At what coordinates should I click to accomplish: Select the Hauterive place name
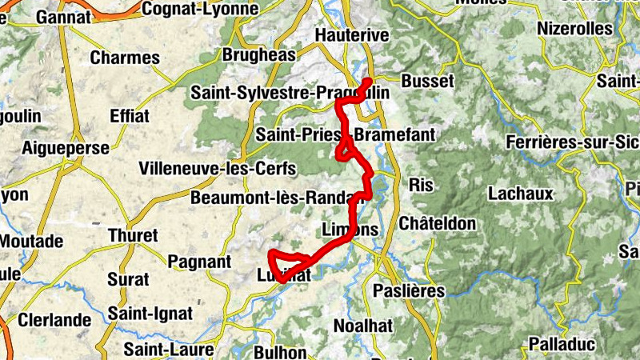(x=352, y=36)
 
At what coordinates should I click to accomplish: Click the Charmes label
(x=125, y=58)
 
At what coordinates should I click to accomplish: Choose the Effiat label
(x=129, y=116)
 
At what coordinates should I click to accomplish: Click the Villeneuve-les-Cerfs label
(x=218, y=170)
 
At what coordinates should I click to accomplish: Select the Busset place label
(x=427, y=82)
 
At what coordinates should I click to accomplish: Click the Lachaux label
(x=520, y=194)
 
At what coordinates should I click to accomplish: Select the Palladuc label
(x=562, y=345)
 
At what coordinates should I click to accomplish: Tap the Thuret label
(x=133, y=237)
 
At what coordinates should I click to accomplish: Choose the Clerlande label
(x=54, y=320)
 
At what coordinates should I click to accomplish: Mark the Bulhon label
(x=280, y=352)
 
